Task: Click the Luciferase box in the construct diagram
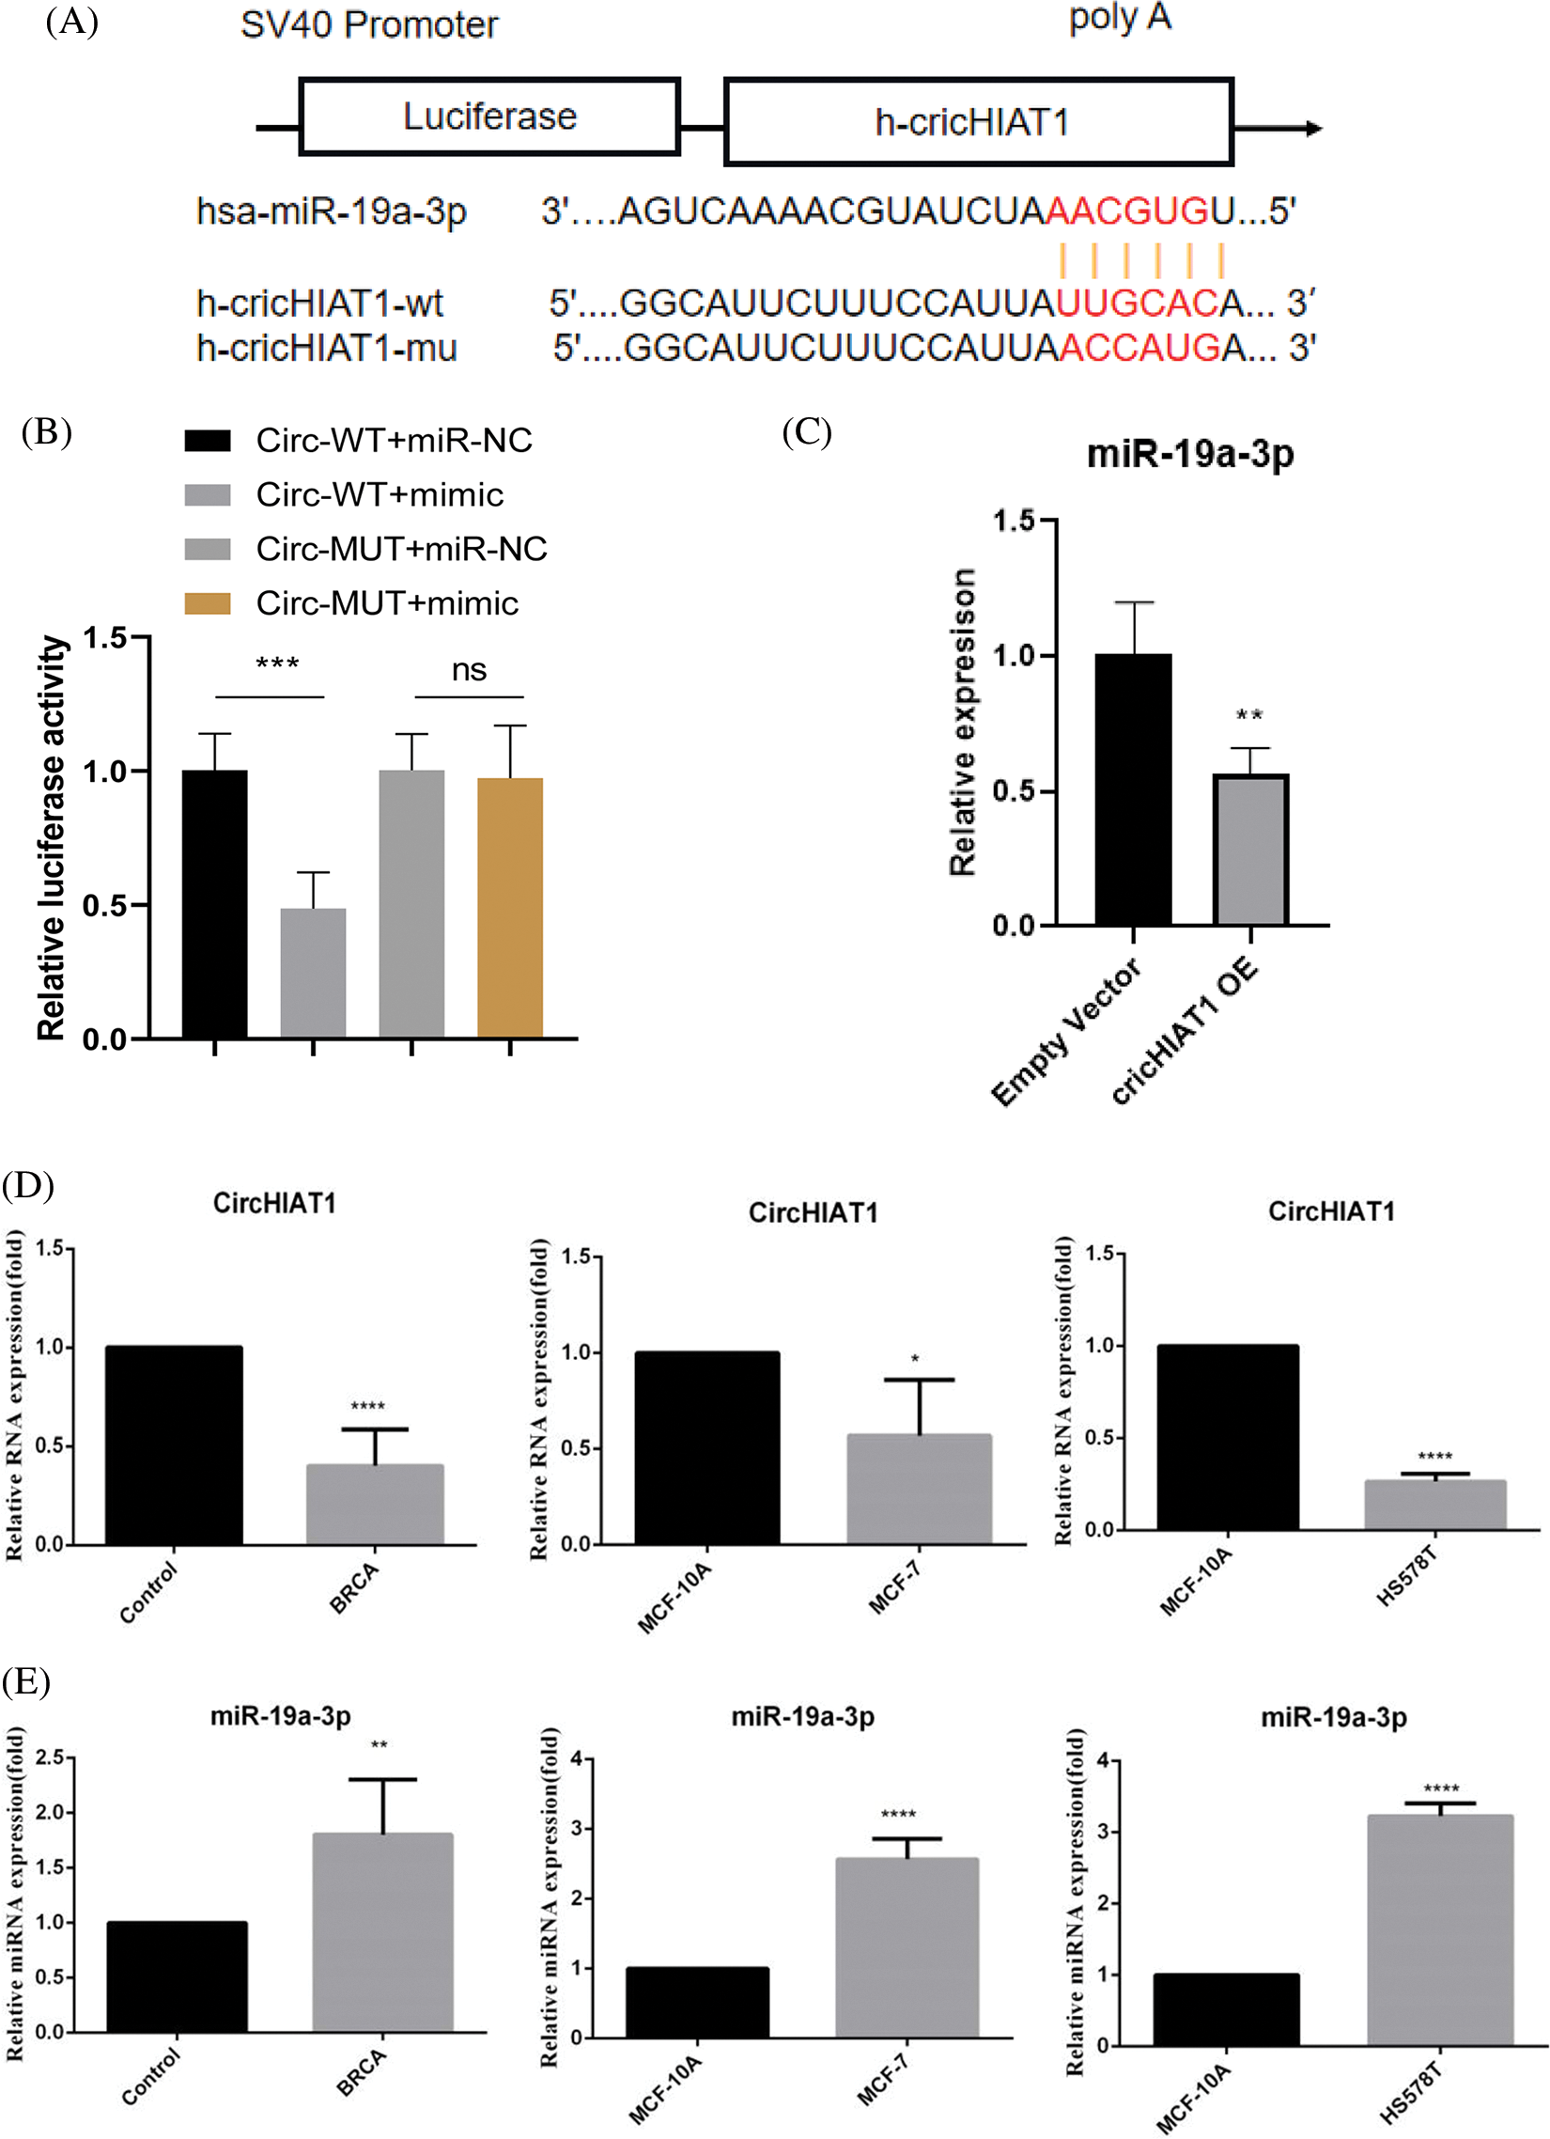tap(489, 116)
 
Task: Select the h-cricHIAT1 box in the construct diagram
tap(978, 121)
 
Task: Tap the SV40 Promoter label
tap(368, 24)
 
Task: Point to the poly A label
tap(1119, 18)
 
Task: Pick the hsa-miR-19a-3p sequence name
tap(331, 211)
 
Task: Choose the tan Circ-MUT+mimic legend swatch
tap(208, 603)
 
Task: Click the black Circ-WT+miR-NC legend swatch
tap(208, 441)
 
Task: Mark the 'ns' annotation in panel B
tap(469, 670)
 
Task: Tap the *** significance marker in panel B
tap(277, 664)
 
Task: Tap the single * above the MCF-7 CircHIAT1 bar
tap(915, 1359)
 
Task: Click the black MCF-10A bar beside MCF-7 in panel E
tap(697, 2001)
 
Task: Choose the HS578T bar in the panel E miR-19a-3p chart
tap(1440, 1928)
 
